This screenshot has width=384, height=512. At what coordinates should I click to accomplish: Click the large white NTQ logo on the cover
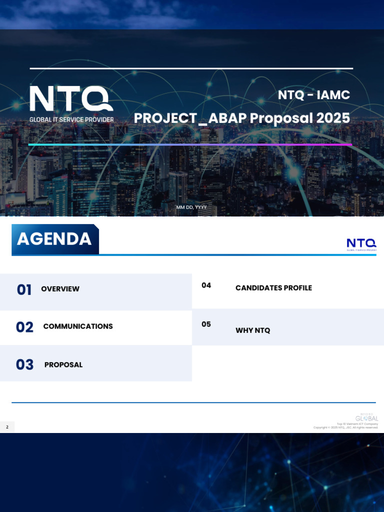(71, 98)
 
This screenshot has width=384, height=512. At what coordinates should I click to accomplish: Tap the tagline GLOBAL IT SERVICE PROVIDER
(71, 120)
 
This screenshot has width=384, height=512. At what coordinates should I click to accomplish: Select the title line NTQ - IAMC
(314, 94)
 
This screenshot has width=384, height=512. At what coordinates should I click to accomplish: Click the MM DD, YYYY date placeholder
(191, 207)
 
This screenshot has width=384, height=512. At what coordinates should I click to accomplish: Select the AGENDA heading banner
(54, 239)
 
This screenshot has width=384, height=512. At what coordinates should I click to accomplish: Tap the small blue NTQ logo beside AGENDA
(361, 244)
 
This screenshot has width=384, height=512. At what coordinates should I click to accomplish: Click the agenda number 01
(24, 289)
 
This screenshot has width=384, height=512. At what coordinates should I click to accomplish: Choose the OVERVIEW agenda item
(60, 289)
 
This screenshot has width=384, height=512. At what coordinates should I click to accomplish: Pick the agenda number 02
(24, 327)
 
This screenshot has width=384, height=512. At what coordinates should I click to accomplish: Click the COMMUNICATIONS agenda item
(78, 326)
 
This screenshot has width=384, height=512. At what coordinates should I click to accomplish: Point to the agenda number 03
(24, 365)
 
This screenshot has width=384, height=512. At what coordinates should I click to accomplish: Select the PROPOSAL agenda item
(63, 365)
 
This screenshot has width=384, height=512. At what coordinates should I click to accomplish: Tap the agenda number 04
(206, 285)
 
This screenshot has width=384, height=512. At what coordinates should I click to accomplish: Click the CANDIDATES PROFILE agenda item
(273, 288)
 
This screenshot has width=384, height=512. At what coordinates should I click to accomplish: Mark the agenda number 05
(206, 324)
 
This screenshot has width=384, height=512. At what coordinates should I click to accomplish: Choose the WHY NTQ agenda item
(252, 330)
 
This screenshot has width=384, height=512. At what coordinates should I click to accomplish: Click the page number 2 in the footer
(7, 427)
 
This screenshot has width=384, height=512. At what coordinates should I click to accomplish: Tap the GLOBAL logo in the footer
(367, 417)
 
